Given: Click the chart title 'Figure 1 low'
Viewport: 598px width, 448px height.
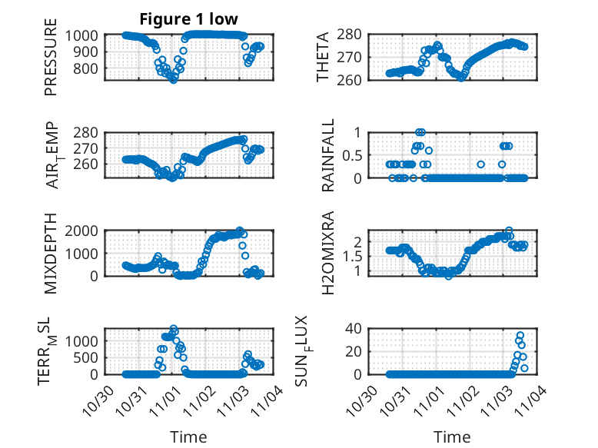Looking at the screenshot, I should [188, 18].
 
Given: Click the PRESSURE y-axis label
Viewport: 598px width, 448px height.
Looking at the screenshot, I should [51, 62].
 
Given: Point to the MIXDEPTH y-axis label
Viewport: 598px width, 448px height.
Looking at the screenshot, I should [51, 252].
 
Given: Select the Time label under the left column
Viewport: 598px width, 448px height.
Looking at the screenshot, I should [188, 437].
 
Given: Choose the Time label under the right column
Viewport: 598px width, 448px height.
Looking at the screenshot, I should [453, 437].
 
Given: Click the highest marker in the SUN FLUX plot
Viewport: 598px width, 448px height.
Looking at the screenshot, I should [520, 336].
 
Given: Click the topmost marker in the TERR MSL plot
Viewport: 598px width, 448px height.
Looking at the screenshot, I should [174, 329].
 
